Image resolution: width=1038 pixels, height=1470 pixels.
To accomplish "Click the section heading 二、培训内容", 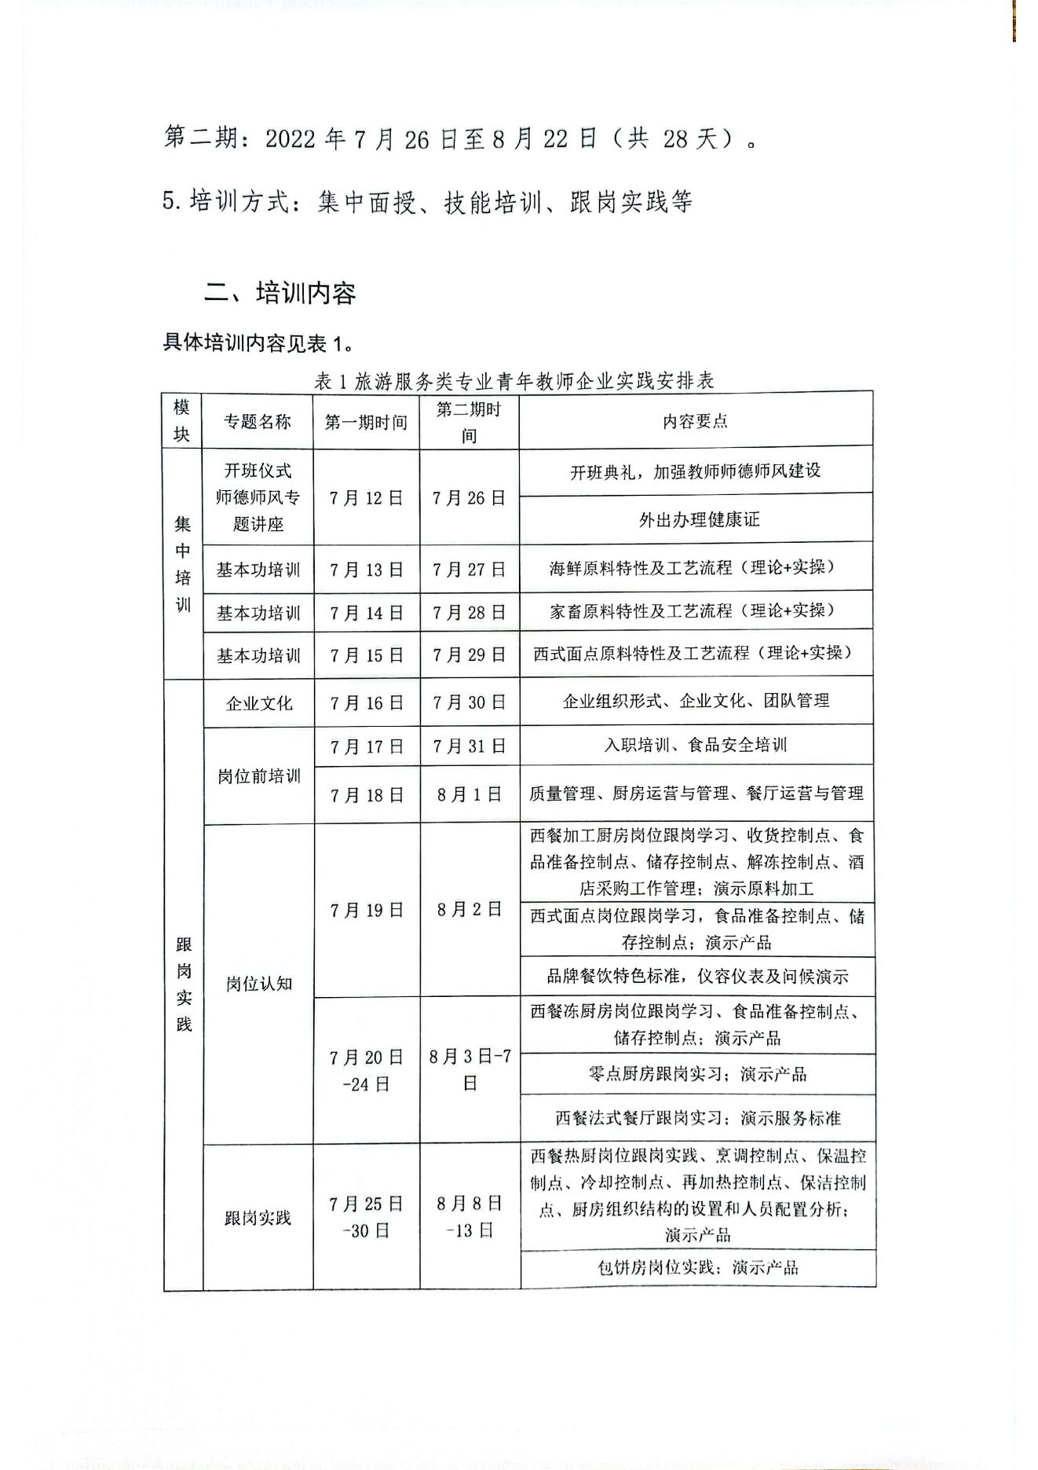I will tap(280, 293).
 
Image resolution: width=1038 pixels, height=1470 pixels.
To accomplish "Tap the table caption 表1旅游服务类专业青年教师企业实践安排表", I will tap(514, 381).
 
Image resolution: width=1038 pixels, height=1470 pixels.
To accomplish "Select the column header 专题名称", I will tap(258, 422).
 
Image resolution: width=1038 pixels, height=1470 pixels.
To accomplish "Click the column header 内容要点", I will tap(696, 421).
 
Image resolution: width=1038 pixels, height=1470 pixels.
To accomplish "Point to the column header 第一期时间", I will tap(366, 423).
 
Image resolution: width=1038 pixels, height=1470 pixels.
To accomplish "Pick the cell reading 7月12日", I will tap(366, 498).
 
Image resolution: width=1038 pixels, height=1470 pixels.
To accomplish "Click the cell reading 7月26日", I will tap(469, 498).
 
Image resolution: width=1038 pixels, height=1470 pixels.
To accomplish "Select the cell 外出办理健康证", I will tap(699, 519).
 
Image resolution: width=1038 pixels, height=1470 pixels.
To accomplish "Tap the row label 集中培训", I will tap(182, 564).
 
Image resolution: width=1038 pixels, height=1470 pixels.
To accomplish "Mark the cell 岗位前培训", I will tap(258, 776).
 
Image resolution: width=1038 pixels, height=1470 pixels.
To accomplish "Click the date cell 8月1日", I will tap(469, 795).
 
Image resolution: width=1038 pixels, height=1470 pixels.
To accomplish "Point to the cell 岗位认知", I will tap(258, 984).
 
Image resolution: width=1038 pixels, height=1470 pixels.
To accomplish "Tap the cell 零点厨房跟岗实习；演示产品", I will tap(697, 1074).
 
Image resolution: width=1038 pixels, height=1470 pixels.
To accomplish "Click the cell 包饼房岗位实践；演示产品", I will tap(697, 1267).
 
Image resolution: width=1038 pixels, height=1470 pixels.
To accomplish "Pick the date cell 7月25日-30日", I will tap(366, 1217).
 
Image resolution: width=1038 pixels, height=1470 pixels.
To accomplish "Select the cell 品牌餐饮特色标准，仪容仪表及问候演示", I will tap(697, 977).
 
